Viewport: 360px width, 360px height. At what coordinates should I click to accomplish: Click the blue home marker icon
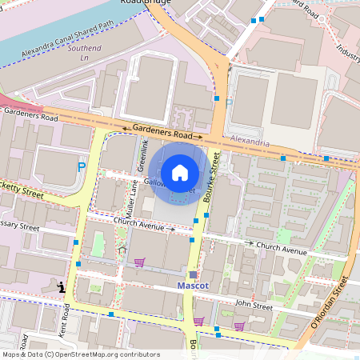click(x=180, y=173)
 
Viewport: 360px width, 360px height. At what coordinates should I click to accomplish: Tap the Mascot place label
click(x=192, y=286)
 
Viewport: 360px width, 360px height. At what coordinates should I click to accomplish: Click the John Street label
click(x=254, y=306)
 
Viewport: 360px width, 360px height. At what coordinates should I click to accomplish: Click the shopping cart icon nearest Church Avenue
click(x=139, y=262)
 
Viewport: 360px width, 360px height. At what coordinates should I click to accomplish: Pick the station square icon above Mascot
click(x=192, y=274)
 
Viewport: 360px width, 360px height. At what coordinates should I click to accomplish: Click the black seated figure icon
click(x=60, y=286)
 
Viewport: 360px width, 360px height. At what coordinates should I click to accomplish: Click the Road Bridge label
click(x=158, y=2)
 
